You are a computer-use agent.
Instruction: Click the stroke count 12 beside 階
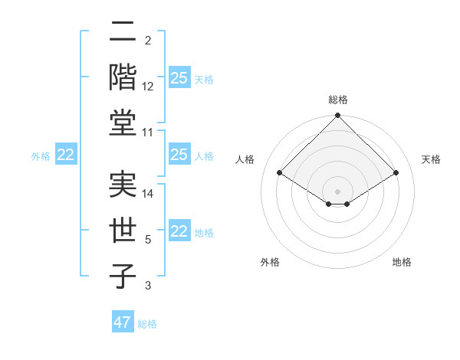click(148, 86)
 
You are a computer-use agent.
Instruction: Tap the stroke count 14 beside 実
click(148, 194)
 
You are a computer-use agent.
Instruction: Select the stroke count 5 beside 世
click(148, 240)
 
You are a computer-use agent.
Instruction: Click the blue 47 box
click(123, 322)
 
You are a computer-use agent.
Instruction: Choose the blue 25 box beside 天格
click(179, 78)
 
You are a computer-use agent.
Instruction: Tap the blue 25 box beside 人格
click(179, 155)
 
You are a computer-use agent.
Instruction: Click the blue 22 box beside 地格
click(179, 231)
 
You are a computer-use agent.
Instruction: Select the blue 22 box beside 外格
click(65, 155)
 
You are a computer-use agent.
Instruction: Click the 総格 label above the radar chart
click(337, 100)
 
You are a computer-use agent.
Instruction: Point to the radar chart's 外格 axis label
click(270, 262)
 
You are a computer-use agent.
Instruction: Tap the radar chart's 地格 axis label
click(402, 262)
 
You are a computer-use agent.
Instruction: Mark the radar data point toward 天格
click(396, 173)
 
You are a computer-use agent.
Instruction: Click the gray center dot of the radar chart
click(337, 191)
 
